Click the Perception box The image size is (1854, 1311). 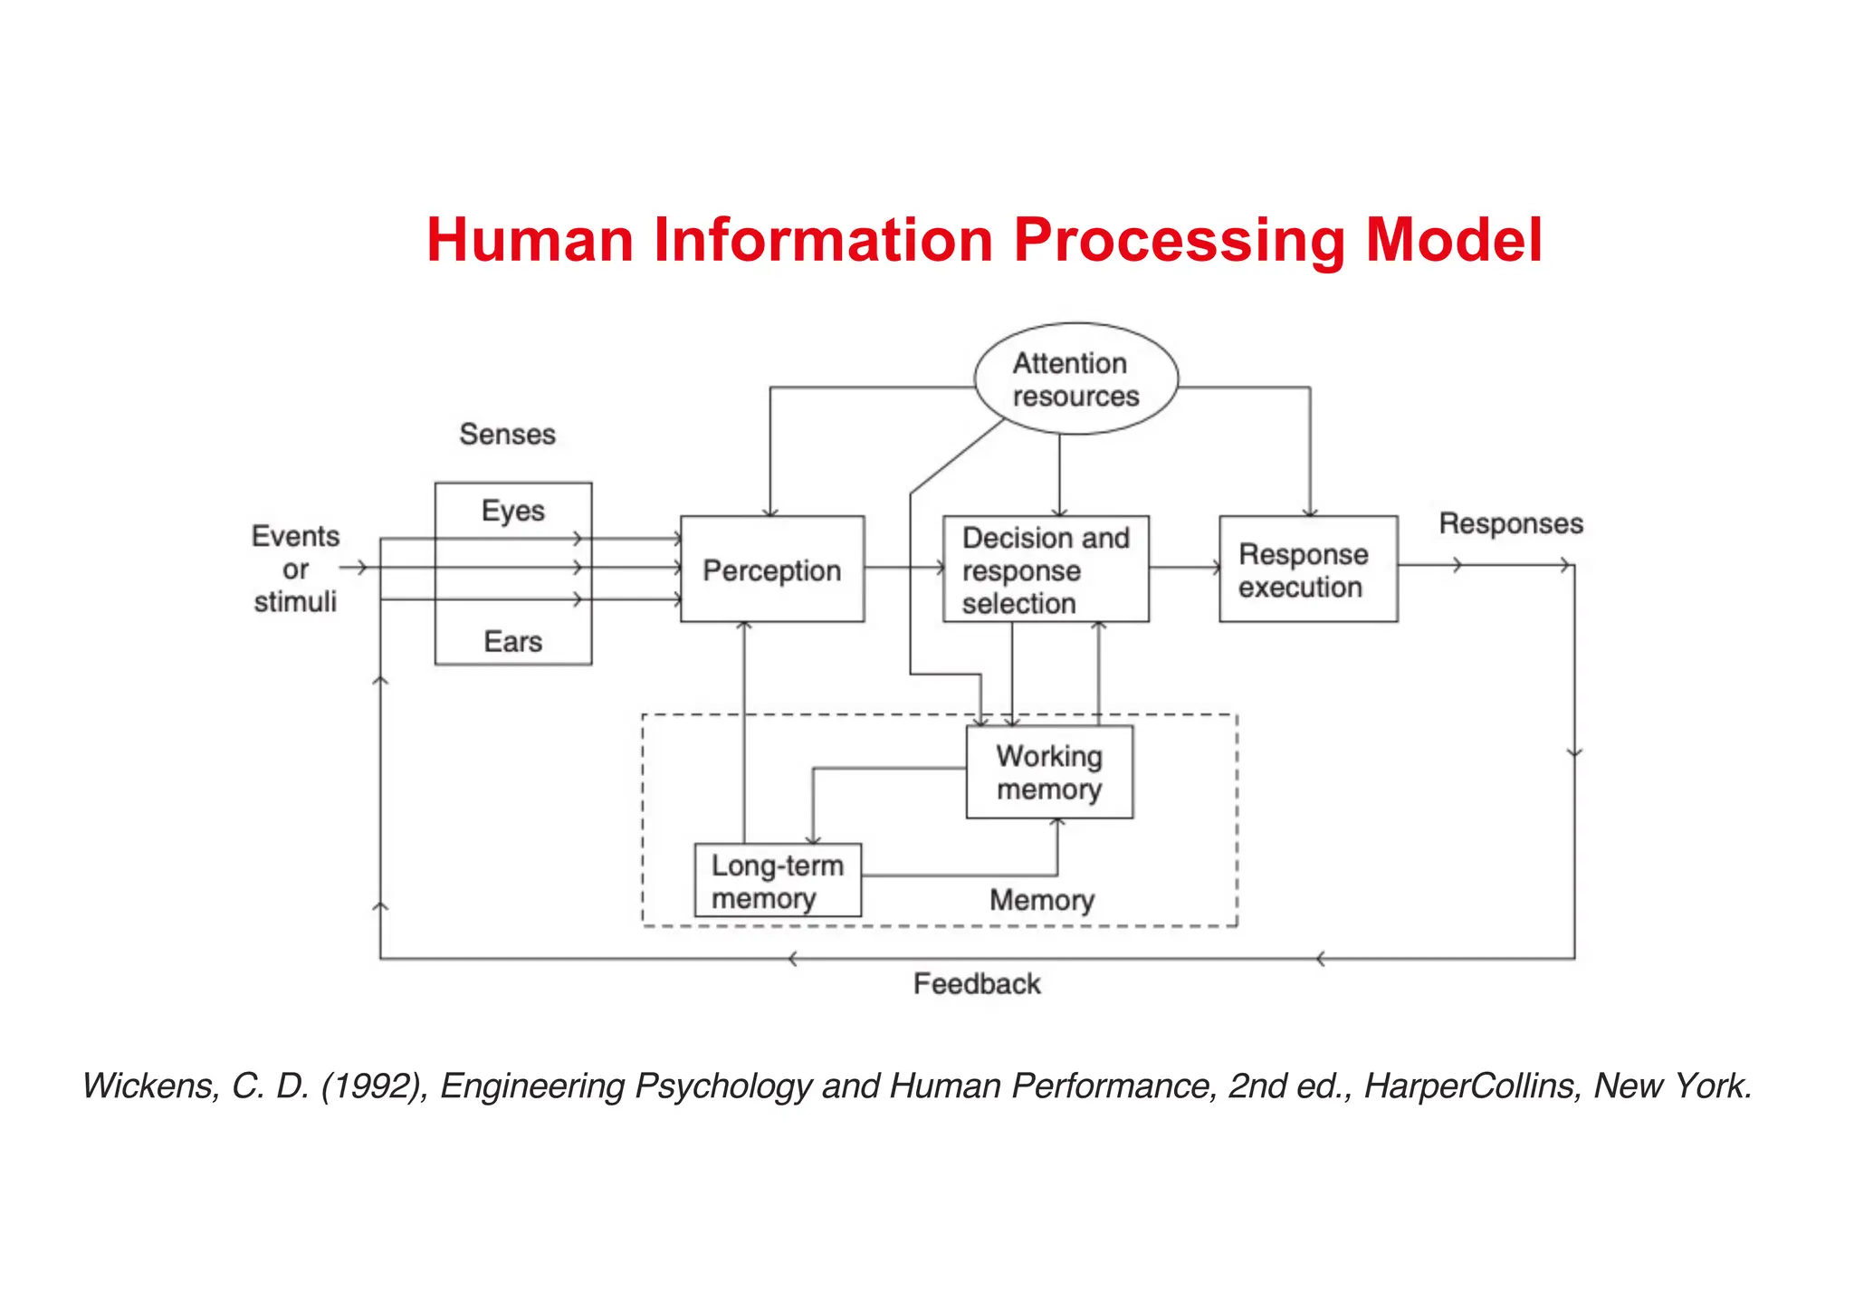(771, 569)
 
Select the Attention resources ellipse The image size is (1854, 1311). (1075, 379)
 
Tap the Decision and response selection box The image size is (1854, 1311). (1046, 569)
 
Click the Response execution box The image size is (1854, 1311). (1307, 569)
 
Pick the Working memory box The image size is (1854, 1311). (1049, 772)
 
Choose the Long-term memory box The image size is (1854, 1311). (778, 881)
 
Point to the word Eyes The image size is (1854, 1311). (512, 511)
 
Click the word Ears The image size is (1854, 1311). (512, 642)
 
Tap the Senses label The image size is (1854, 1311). (507, 435)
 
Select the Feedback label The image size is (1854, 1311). (977, 984)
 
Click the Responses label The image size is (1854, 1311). (1511, 523)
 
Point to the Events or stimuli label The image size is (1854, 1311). (295, 569)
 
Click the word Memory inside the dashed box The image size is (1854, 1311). (1042, 900)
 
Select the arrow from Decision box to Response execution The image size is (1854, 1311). (1184, 568)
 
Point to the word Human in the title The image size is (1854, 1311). (530, 241)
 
